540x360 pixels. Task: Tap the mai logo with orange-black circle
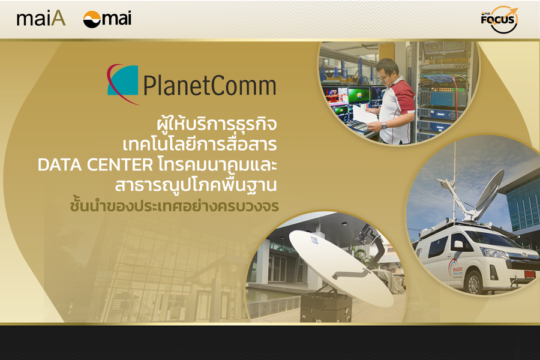coord(107,19)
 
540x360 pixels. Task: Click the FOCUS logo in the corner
coord(499,19)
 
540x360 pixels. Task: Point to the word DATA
coord(59,164)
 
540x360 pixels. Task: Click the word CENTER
coord(120,164)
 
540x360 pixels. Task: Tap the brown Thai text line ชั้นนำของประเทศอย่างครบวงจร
coord(174,205)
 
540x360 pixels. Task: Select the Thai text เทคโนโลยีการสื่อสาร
coord(200,144)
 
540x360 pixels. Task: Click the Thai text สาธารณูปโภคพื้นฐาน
coord(196,185)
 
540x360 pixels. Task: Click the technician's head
coord(388,71)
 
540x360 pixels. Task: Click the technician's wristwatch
coord(384,126)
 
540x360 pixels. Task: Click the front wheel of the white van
coord(474,282)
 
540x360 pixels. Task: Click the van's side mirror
coord(458,245)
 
